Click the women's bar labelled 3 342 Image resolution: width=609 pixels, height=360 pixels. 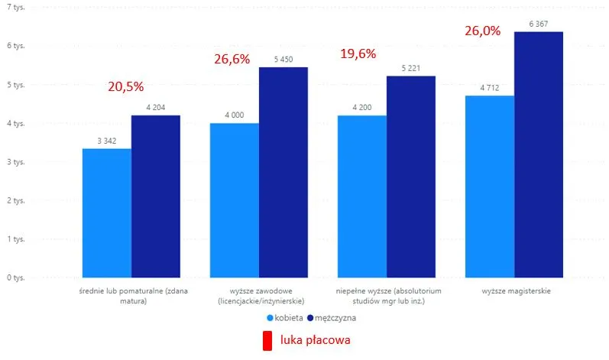point(106,212)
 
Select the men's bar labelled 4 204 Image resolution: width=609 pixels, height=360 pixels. point(156,196)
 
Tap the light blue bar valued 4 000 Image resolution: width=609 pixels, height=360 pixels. point(234,199)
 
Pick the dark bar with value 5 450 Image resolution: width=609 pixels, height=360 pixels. point(283,172)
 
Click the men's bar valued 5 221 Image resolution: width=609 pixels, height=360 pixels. point(410,177)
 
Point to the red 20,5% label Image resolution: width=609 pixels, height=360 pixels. point(125,87)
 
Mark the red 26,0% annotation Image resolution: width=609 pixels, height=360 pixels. point(483,31)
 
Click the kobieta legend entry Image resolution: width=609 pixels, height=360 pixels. point(287,316)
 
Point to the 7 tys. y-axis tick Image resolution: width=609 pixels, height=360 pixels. point(15,7)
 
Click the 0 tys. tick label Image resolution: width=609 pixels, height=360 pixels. point(15,277)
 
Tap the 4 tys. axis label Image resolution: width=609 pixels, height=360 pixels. point(15,123)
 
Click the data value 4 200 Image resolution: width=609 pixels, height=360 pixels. point(361,108)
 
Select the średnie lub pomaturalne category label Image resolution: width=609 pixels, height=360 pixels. point(131,297)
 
